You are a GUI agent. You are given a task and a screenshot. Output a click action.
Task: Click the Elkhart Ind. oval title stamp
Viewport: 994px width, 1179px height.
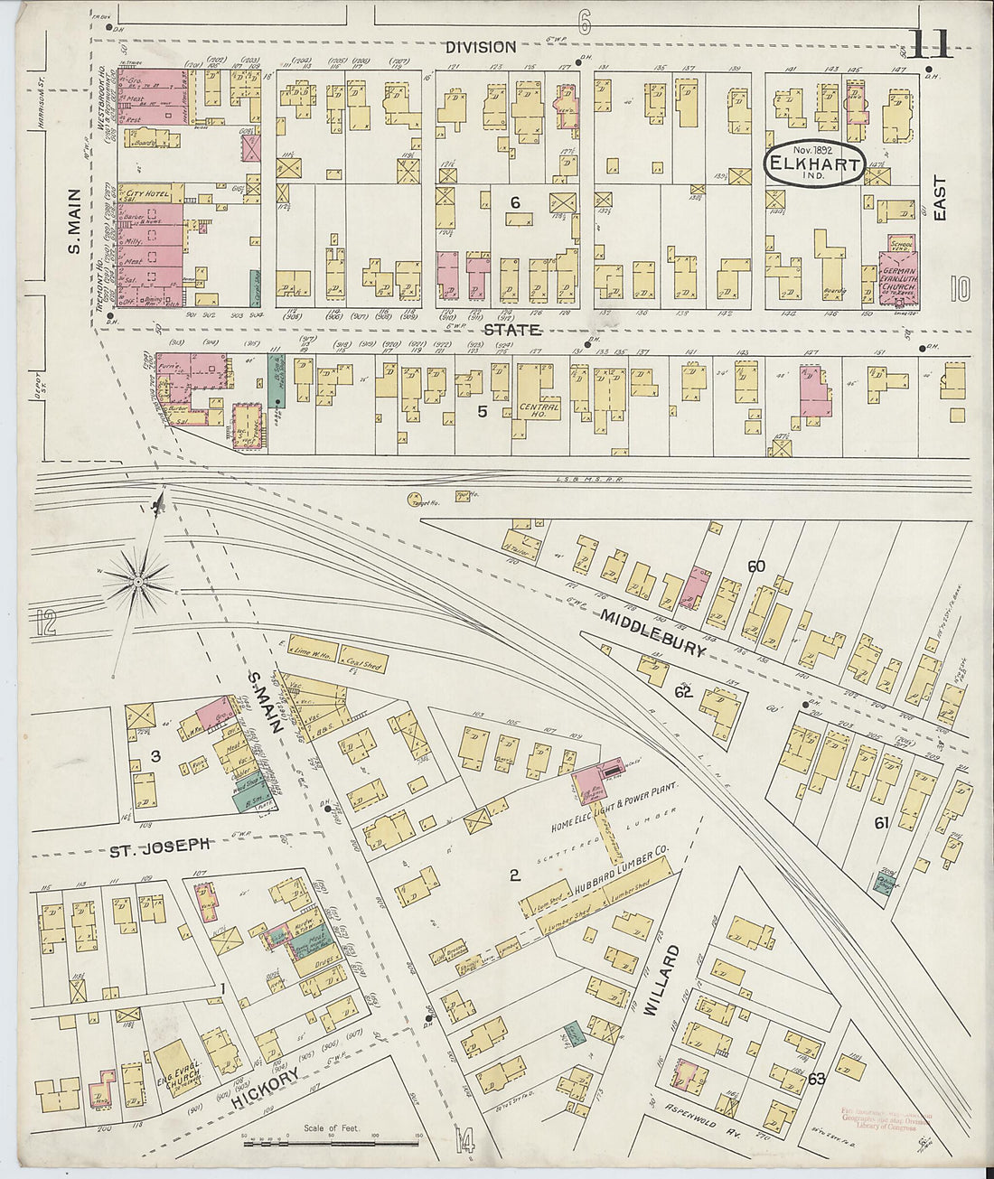point(813,164)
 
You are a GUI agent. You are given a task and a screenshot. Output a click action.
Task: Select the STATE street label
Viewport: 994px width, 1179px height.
point(511,330)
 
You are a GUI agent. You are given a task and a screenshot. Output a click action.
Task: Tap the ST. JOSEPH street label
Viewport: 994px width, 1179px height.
point(161,847)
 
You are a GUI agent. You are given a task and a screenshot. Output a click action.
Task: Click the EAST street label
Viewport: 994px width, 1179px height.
point(940,199)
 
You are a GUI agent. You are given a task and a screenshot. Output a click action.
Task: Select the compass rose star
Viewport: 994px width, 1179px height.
point(137,583)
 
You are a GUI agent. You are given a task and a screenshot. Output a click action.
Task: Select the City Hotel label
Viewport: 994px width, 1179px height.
point(148,193)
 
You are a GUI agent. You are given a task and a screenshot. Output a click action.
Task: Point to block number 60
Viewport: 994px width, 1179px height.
point(755,566)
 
